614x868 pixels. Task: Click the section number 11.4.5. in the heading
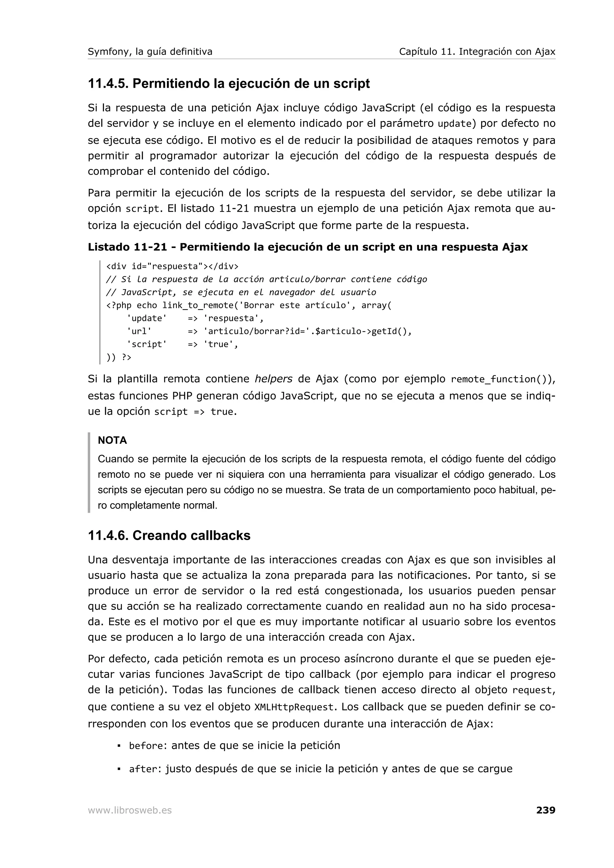(x=108, y=84)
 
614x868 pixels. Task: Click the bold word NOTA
(x=112, y=440)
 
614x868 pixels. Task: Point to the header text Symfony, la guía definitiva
(x=150, y=52)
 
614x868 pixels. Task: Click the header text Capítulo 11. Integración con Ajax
(x=477, y=52)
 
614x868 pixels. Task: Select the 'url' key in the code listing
(x=139, y=331)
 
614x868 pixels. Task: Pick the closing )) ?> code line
(x=119, y=357)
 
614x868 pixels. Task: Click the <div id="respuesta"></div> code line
(x=172, y=267)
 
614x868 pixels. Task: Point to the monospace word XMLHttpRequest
(x=294, y=707)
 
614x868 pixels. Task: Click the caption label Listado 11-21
(x=127, y=247)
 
